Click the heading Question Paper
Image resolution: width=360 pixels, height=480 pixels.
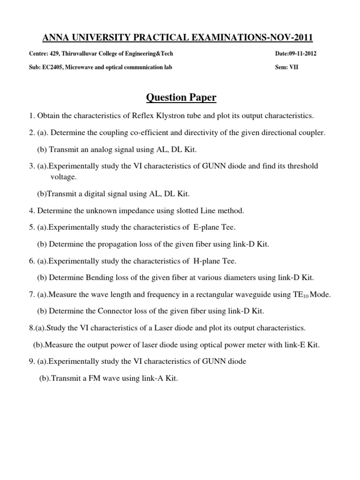click(181, 97)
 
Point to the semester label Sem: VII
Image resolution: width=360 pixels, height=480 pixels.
click(286, 67)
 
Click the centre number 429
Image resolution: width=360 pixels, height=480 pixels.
click(54, 53)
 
